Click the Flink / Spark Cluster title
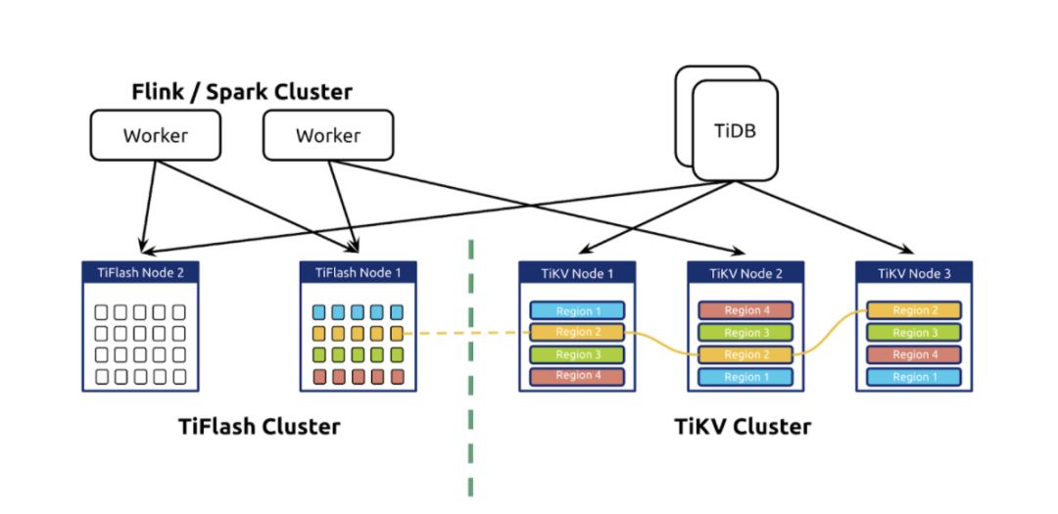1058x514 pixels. [x=242, y=92]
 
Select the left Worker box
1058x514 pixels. [x=155, y=135]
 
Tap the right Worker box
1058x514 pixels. [x=328, y=135]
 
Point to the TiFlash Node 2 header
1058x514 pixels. [x=140, y=272]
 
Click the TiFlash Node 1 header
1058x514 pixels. [x=359, y=272]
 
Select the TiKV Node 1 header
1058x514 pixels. [x=576, y=273]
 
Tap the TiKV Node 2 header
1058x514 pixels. [x=745, y=273]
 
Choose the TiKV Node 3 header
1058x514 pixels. [x=914, y=273]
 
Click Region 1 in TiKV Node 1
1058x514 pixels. [x=576, y=311]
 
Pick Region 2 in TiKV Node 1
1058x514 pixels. [x=576, y=332]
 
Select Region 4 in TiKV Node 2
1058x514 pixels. [x=745, y=311]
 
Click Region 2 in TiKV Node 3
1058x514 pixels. [x=914, y=311]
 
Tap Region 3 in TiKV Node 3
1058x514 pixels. [x=914, y=333]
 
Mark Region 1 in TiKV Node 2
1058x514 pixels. [x=745, y=377]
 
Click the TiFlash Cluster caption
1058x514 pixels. [x=260, y=427]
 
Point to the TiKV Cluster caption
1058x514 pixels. [x=744, y=427]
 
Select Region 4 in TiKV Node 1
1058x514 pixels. [x=576, y=376]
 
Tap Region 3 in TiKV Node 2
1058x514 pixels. [x=745, y=333]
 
